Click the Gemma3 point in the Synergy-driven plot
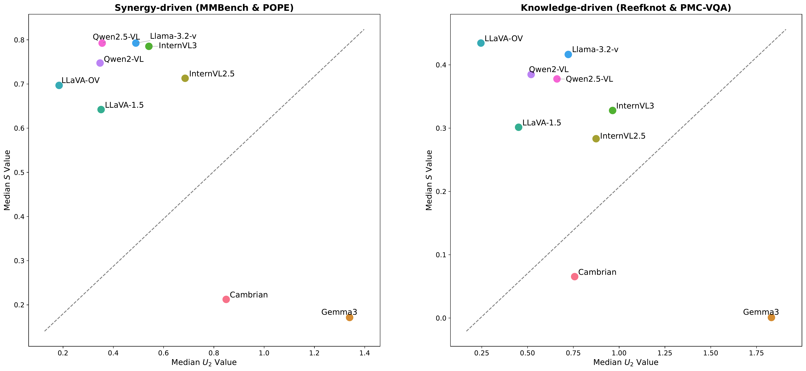coord(350,318)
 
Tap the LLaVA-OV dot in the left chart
coord(59,85)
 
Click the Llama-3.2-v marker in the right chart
coord(568,54)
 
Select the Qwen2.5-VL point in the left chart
coord(102,43)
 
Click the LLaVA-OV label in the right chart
coord(504,39)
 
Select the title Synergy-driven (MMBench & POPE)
coord(204,8)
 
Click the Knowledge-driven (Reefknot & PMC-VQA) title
coord(626,8)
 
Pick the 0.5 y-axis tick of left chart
coord(19,173)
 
